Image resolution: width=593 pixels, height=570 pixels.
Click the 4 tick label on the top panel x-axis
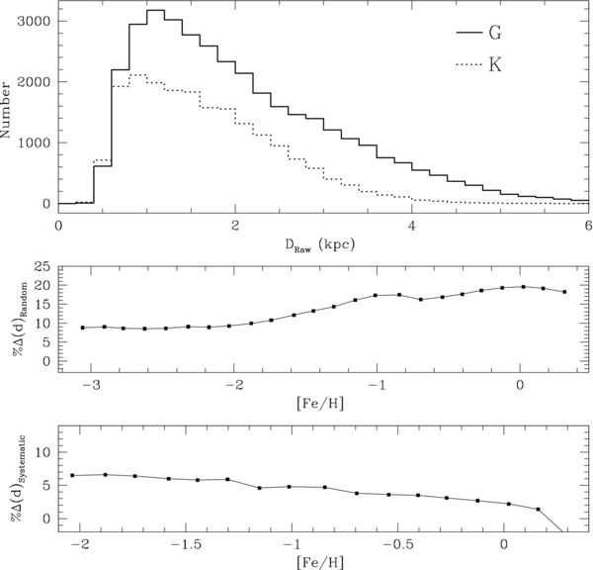coord(411,226)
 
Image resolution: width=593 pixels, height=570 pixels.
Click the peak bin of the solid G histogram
coord(155,11)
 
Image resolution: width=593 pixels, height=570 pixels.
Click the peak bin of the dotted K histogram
coord(137,74)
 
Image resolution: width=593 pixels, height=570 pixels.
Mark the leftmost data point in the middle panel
coord(83,328)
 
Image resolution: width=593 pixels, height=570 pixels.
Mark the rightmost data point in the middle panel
coord(564,292)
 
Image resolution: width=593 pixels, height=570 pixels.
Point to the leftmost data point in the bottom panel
coord(73,475)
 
